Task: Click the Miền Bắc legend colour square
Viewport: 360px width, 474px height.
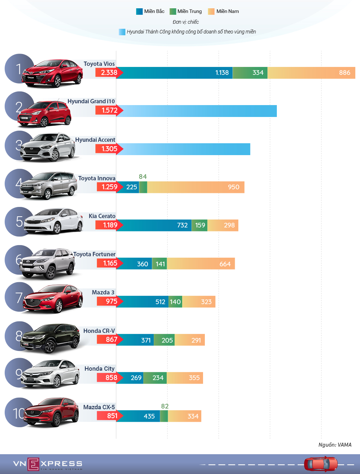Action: tap(139, 12)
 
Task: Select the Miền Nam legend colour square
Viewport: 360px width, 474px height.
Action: tap(211, 12)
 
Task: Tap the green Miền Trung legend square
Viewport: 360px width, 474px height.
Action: tap(173, 12)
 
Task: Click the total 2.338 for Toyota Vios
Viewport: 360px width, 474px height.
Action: tap(109, 73)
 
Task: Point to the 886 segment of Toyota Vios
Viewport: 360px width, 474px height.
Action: tap(311, 73)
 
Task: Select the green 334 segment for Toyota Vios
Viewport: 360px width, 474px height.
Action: tap(250, 73)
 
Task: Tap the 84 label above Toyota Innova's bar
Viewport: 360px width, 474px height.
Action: tap(143, 177)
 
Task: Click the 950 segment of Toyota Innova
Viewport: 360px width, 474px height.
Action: tap(196, 187)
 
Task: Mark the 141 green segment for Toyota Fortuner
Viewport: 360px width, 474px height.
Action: tap(159, 264)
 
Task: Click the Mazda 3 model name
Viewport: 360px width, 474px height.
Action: tap(103, 292)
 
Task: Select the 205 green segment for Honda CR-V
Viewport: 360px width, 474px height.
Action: tap(164, 340)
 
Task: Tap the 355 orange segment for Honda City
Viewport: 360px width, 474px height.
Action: tap(185, 378)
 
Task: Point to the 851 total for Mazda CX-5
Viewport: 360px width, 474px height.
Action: tap(112, 416)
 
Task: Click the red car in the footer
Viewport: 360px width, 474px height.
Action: tap(321, 464)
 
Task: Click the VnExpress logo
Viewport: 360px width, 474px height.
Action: tap(48, 464)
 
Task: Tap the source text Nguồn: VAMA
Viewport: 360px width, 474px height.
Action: tap(335, 445)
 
